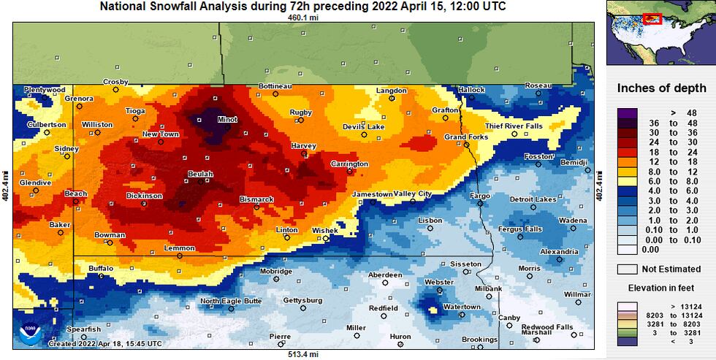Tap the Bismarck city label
256,199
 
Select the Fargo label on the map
479,196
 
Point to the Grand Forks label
466,137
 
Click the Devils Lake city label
363,126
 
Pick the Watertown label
462,307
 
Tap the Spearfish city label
84,329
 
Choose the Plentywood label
45,90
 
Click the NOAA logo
31,333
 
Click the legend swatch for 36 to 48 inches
628,123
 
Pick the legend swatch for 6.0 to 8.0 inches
628,180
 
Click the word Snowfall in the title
179,7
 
